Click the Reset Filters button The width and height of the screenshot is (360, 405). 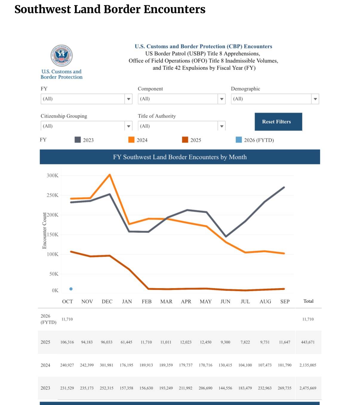pos(278,122)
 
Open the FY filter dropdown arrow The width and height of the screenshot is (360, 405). pos(128,99)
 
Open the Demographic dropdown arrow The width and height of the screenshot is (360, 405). pos(315,99)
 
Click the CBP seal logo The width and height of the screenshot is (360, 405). pos(61,55)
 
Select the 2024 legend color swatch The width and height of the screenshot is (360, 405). pos(131,140)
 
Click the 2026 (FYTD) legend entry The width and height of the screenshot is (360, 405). pos(255,140)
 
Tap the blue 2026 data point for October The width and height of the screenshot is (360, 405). pos(71,289)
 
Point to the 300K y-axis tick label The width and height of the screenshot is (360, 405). pos(53,175)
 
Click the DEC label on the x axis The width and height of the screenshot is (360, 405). pos(107,301)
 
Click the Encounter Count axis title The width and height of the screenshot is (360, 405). pos(44,231)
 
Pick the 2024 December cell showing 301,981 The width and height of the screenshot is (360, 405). pos(107,365)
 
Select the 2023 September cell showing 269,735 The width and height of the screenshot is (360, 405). pos(284,388)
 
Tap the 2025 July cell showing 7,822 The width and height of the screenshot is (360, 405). pos(245,342)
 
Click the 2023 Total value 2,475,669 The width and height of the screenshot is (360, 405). pos(308,388)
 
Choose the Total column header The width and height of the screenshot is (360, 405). pos(308,301)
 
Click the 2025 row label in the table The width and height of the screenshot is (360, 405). pos(45,342)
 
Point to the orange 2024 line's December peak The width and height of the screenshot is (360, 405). pos(110,175)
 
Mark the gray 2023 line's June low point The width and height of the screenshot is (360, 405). pos(226,236)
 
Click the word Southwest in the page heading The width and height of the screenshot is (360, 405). pos(43,9)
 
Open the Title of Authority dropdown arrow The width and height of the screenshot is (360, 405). pos(221,126)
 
